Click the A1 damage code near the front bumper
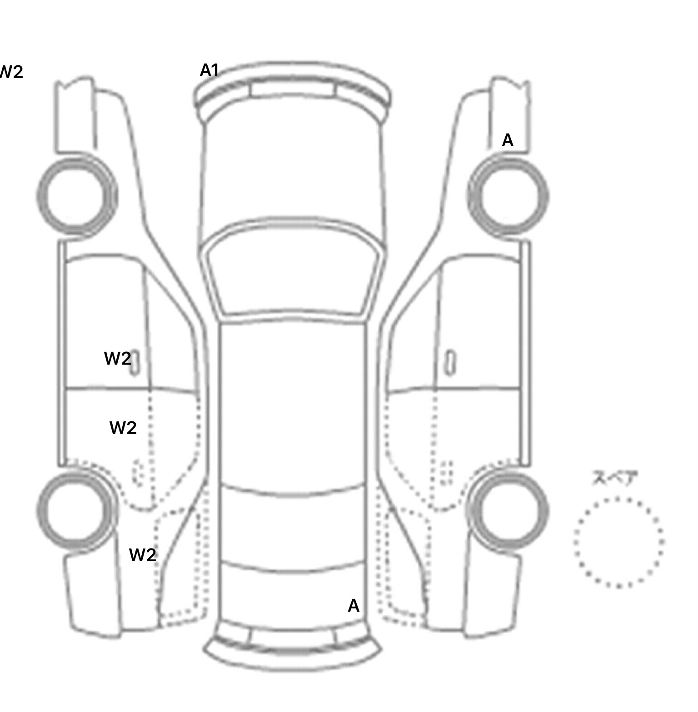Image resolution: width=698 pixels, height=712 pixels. pos(209,70)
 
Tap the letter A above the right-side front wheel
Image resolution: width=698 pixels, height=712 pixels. pos(508,141)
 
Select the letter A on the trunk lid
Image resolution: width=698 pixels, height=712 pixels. pos(354,606)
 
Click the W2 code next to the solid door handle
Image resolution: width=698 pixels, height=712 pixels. pos(117,359)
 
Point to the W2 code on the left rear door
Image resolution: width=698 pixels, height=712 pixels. pos(123,428)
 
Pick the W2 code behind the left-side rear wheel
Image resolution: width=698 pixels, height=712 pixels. pos(142,555)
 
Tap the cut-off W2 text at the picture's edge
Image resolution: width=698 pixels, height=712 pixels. pos(11,72)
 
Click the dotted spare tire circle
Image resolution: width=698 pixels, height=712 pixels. pos(618,542)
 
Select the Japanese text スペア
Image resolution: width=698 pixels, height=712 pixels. pos(609,478)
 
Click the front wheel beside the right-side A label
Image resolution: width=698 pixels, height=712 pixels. pos(508,196)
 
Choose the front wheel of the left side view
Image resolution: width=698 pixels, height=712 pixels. pos(76,196)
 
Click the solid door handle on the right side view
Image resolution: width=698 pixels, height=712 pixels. pos(450,363)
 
